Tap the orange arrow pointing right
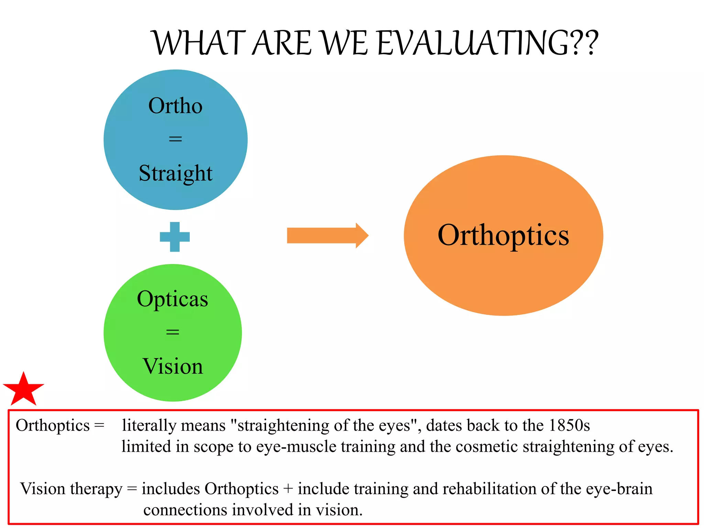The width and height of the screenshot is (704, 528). (327, 235)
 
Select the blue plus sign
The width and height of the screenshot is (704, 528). (175, 237)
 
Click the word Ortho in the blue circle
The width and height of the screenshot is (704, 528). (175, 106)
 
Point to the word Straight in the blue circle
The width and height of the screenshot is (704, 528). (175, 173)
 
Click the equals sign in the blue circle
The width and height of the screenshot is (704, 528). (175, 139)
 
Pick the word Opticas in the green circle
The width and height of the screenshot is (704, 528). (173, 299)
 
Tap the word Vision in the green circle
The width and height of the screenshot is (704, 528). (173, 366)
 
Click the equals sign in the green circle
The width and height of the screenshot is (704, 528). (173, 332)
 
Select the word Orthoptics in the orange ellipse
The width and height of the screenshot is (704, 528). (503, 235)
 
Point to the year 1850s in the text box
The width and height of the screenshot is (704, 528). (569, 426)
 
